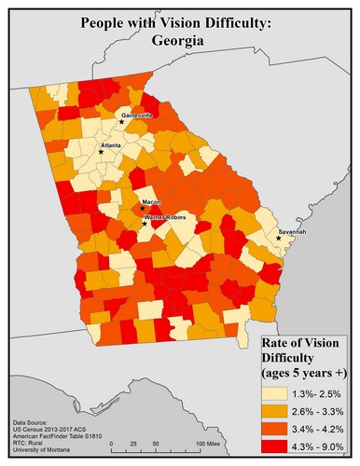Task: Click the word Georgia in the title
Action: coord(180,41)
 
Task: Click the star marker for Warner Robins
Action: coord(144,223)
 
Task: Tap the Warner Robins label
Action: coord(167,216)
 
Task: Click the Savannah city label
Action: coord(291,231)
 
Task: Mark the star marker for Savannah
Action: coord(279,239)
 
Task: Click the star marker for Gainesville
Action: coord(121,121)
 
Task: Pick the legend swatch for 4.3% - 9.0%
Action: coord(278,448)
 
